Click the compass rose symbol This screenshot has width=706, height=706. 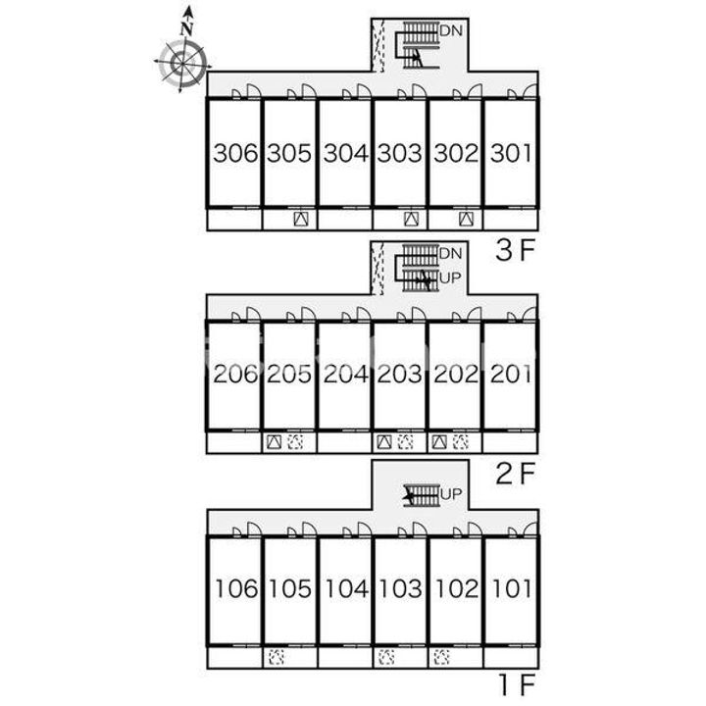182,63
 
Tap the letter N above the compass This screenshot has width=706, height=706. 186,28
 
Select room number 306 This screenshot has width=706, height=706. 235,153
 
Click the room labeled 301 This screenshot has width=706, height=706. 511,153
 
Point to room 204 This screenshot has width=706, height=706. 346,374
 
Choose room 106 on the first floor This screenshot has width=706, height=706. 236,589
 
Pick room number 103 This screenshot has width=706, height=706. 400,589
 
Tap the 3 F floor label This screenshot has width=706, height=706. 515,250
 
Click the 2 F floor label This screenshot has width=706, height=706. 515,474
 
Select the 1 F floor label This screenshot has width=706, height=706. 517,684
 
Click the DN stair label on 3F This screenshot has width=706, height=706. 451,31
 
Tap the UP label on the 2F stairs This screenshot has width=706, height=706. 451,278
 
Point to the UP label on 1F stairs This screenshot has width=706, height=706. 451,494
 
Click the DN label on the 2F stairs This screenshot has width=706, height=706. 451,254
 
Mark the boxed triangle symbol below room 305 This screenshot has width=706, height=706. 301,220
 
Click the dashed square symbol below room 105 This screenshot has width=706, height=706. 276,657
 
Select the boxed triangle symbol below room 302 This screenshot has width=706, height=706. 466,220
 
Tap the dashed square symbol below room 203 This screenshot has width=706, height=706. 406,442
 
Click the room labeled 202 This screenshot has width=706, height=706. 456,374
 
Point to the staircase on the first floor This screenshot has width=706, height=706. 422,495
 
